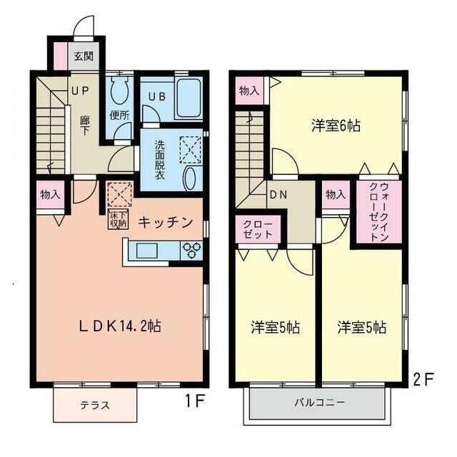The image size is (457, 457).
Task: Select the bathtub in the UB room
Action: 189,100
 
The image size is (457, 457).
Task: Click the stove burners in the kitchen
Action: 192,251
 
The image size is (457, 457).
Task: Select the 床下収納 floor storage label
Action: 118,220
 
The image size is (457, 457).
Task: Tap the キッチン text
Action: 166,222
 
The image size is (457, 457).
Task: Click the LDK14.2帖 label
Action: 120,326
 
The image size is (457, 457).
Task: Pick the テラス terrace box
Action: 94,405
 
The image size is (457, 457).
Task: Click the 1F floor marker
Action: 194,401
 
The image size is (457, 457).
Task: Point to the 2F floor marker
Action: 423,379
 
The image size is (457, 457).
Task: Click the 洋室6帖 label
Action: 335,126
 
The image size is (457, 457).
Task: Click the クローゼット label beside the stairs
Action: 256,228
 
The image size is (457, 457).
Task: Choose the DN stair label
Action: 277,194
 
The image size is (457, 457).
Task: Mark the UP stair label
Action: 79,91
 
